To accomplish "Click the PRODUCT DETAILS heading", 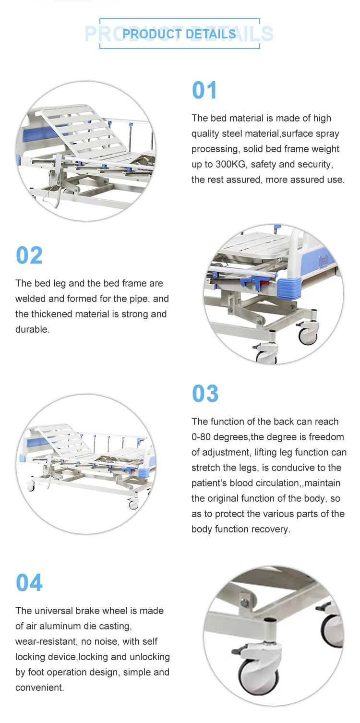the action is tap(179, 34).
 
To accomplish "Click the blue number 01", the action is tap(205, 91).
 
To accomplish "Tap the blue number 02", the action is tap(29, 255).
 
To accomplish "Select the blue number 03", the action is tap(205, 394).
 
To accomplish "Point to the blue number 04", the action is tap(29, 583).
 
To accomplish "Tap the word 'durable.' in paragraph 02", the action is tap(32, 329).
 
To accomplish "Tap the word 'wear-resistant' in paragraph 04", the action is tap(46, 641).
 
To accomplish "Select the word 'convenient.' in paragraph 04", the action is tap(39, 687).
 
